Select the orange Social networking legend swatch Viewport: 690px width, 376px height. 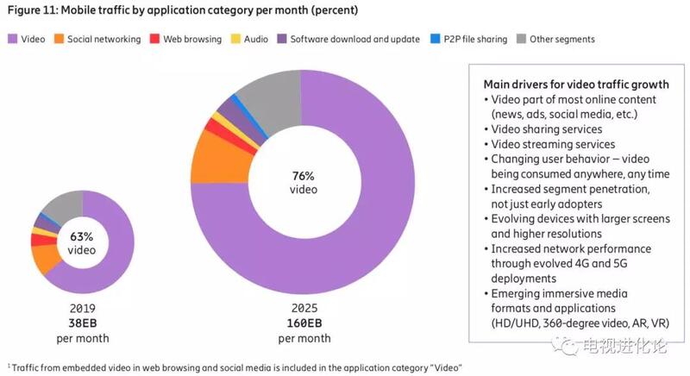pyautogui.click(x=58, y=39)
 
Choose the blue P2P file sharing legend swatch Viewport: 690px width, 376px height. pyautogui.click(x=436, y=39)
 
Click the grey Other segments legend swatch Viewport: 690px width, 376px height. pyautogui.click(x=521, y=39)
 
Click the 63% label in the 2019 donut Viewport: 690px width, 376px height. pyautogui.click(x=82, y=235)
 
